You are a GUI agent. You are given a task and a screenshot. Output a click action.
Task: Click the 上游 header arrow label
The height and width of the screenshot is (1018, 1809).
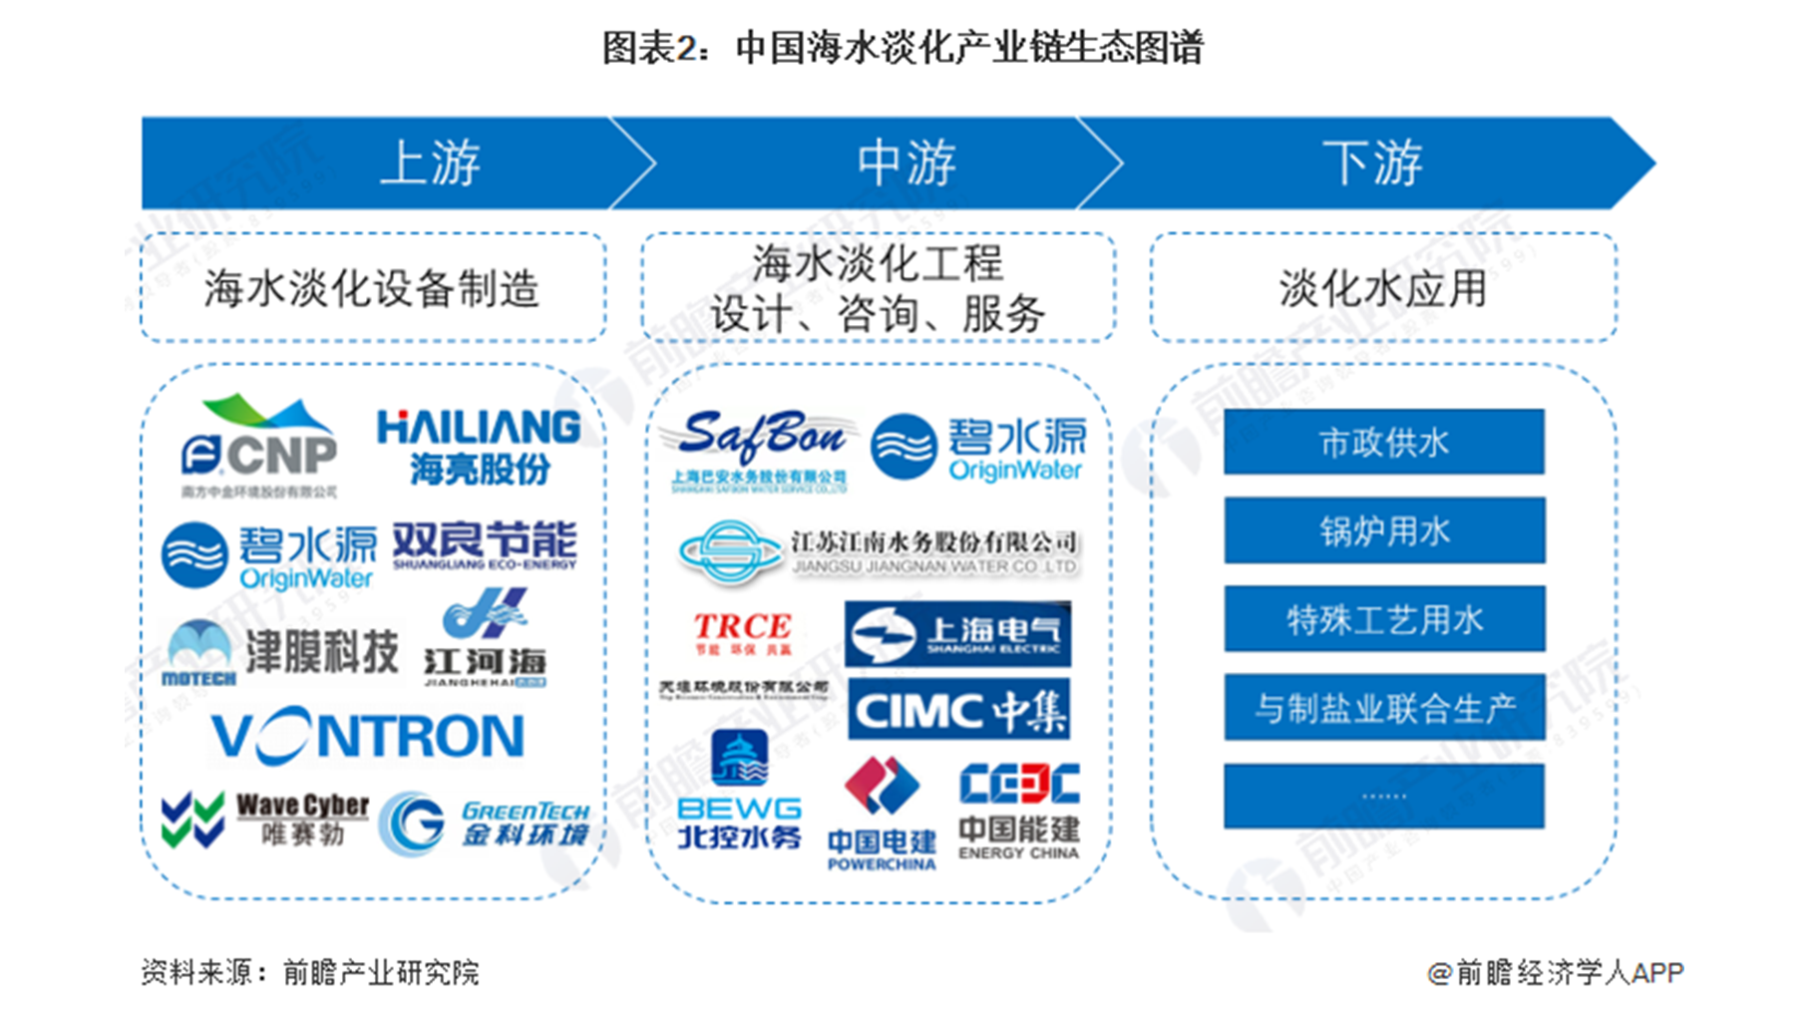(430, 163)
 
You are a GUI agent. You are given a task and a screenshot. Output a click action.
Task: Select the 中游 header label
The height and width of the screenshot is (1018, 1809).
(905, 163)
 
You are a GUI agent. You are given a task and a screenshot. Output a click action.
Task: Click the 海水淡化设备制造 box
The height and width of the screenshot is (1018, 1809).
(372, 288)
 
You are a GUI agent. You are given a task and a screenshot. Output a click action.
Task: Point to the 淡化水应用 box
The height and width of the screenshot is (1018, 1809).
(1382, 288)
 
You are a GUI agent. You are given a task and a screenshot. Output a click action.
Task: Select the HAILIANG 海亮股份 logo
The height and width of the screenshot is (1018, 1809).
(479, 447)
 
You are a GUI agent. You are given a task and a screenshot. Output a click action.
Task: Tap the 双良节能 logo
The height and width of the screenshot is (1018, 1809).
(485, 545)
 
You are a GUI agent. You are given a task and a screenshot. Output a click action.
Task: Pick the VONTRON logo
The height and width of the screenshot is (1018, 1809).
(368, 737)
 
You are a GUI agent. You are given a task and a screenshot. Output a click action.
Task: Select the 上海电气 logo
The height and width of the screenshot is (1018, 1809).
(957, 633)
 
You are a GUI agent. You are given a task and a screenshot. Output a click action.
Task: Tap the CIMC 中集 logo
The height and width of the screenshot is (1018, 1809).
(958, 710)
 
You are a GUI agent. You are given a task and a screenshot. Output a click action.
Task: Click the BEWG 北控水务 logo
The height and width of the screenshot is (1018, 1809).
(739, 792)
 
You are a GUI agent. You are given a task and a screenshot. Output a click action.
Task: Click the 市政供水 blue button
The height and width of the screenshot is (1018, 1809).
(1383, 442)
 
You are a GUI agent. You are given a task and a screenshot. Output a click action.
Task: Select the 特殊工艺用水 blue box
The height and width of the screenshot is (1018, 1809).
(1383, 619)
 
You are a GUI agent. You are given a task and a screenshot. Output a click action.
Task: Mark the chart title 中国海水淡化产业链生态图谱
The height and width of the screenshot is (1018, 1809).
(903, 48)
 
